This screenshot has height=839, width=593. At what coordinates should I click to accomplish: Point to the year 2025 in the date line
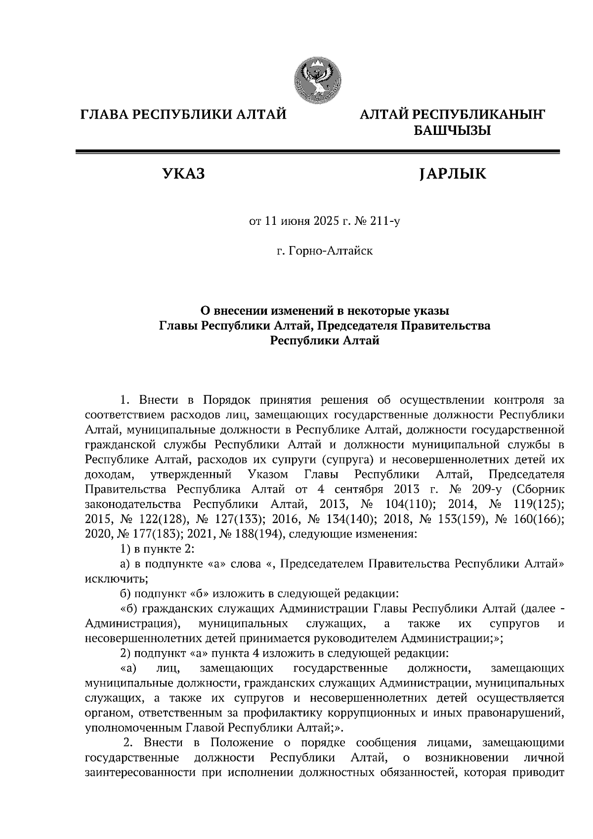pyautogui.click(x=325, y=222)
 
